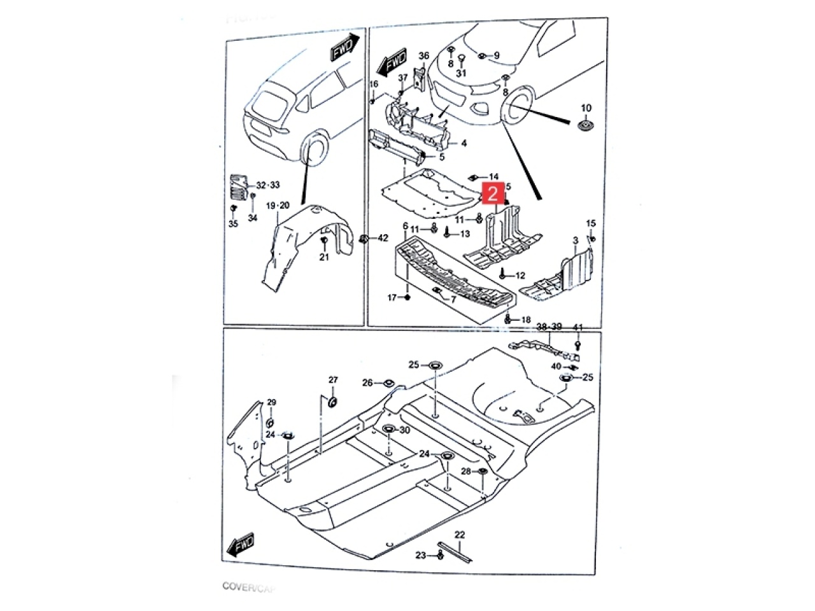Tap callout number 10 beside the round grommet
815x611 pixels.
click(586, 108)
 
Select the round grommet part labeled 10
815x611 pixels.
click(584, 125)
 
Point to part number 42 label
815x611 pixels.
click(382, 238)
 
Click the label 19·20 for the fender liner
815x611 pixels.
click(278, 206)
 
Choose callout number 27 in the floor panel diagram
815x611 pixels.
click(333, 380)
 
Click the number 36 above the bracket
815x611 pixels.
click(424, 56)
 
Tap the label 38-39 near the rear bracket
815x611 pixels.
click(549, 327)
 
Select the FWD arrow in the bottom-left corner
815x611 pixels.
click(239, 545)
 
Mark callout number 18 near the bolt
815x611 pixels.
click(525, 320)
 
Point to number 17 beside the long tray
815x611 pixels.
click(393, 297)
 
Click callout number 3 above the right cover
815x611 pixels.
click(576, 241)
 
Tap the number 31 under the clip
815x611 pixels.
click(461, 73)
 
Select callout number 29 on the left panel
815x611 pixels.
click(272, 402)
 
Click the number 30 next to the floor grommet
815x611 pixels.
click(405, 430)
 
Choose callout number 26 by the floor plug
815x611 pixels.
click(367, 383)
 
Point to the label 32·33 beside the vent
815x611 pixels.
click(267, 185)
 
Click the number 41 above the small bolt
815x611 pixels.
click(578, 327)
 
